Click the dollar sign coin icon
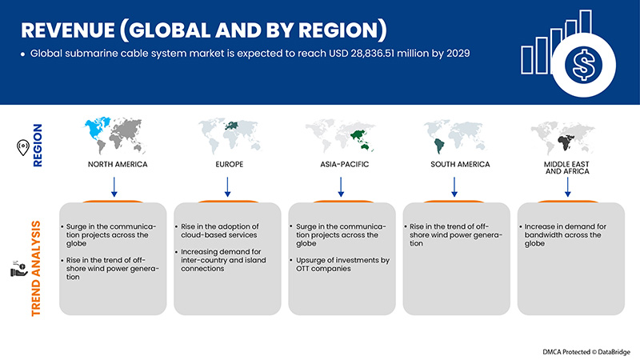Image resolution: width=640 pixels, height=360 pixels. pyautogui.click(x=583, y=65)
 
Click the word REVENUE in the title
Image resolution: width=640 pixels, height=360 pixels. pyautogui.click(x=68, y=30)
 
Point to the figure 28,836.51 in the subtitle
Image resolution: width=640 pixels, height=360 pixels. pyautogui.click(x=372, y=54)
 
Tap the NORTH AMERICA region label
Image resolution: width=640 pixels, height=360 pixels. pyautogui.click(x=118, y=164)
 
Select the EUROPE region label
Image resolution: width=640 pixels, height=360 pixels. pyautogui.click(x=230, y=164)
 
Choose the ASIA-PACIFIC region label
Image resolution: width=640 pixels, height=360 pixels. pyautogui.click(x=345, y=164)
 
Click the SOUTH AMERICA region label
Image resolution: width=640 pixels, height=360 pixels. pyautogui.click(x=460, y=164)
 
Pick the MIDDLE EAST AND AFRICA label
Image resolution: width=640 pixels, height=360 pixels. pyautogui.click(x=567, y=168)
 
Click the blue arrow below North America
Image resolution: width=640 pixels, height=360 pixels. pyautogui.click(x=114, y=187)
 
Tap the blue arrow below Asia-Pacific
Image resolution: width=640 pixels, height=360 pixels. pyautogui.click(x=341, y=187)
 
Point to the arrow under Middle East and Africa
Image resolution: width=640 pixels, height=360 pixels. pyautogui.click(x=567, y=187)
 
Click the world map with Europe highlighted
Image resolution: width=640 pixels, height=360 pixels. pyautogui.click(x=230, y=135)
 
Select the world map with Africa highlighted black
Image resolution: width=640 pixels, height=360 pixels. pyautogui.click(x=563, y=138)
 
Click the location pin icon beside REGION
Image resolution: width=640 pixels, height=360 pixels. pyautogui.click(x=23, y=147)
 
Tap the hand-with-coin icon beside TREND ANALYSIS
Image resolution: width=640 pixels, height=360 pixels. pyautogui.click(x=18, y=268)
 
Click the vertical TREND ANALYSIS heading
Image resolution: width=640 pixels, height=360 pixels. pyautogui.click(x=36, y=269)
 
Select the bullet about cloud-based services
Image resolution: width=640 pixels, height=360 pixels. pyautogui.click(x=218, y=230)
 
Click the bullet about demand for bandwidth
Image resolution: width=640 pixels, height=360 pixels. pyautogui.click(x=562, y=235)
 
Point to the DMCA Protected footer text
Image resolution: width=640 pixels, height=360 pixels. pyautogui.click(x=586, y=352)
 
